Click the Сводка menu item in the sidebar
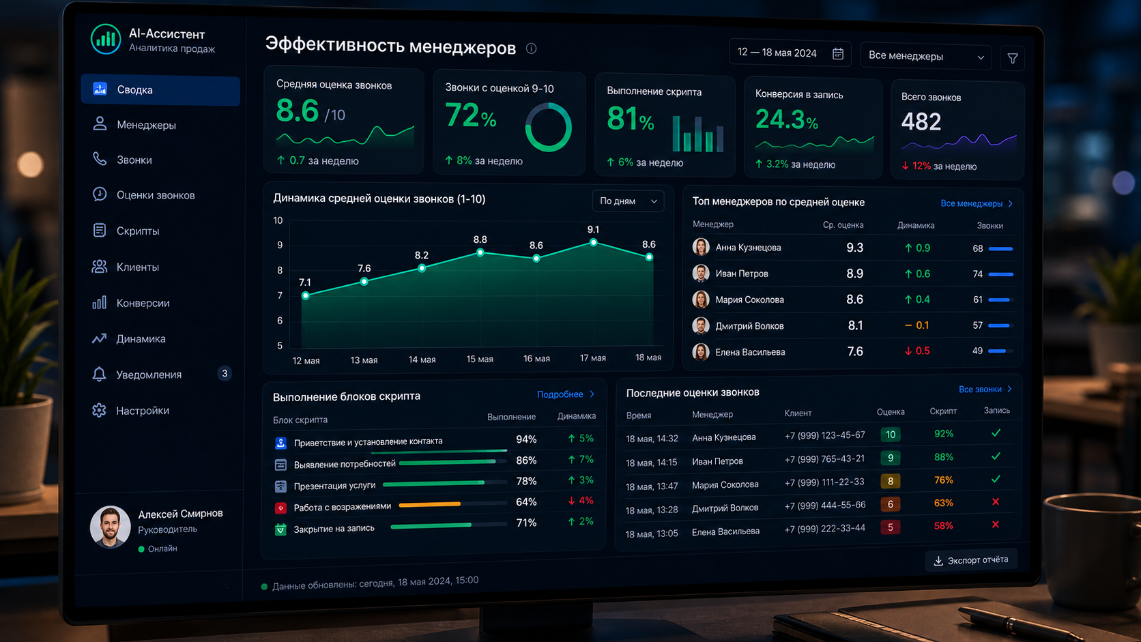[160, 90]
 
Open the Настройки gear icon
[100, 410]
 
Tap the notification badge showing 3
[224, 374]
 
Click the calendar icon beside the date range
[838, 53]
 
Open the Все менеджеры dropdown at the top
[925, 56]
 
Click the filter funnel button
[1013, 58]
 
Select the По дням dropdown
[628, 201]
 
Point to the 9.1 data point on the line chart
[594, 242]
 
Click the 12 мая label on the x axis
[306, 360]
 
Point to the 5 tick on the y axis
[280, 346]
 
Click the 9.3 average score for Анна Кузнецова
[854, 248]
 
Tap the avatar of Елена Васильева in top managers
[700, 352]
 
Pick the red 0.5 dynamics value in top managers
[917, 351]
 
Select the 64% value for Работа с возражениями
[525, 502]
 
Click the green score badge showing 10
[890, 435]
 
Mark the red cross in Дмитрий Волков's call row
[996, 502]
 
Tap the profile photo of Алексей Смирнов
[109, 527]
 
